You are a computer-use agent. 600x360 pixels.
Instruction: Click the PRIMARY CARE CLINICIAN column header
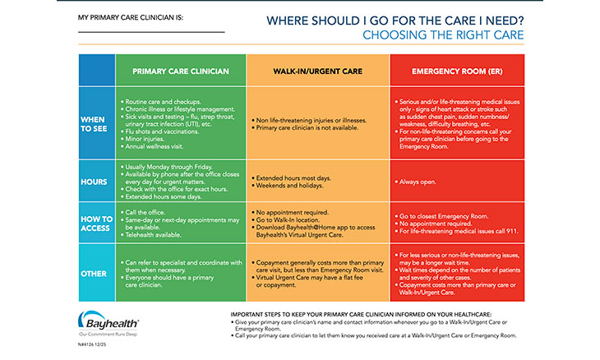click(x=180, y=72)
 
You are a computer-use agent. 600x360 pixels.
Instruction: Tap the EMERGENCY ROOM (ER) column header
click(x=455, y=72)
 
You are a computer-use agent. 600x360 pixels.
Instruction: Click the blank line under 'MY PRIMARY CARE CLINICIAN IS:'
click(x=151, y=32)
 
